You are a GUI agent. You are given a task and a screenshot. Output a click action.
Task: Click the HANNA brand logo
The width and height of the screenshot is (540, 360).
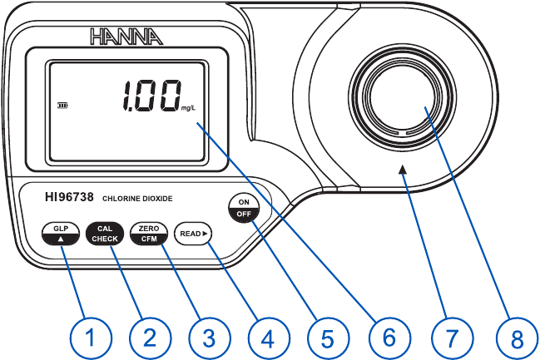point(127,36)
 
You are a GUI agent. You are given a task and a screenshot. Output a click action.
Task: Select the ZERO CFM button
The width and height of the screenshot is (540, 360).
point(149,234)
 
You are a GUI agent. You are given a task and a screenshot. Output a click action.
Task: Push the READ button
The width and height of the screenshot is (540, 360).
point(193,234)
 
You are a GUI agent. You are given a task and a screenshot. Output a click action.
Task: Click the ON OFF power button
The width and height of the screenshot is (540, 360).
point(244,208)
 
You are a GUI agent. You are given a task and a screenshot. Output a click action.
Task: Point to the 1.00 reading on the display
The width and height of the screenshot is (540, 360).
point(151,96)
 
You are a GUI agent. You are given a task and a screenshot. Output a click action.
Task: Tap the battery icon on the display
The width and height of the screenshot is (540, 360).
point(62,106)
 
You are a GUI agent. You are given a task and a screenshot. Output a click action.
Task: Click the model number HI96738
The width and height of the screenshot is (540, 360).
point(71,199)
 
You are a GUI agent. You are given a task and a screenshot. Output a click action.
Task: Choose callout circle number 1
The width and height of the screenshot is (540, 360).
point(89,337)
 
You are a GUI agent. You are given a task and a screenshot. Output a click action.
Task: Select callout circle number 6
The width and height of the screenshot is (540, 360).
point(386,337)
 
